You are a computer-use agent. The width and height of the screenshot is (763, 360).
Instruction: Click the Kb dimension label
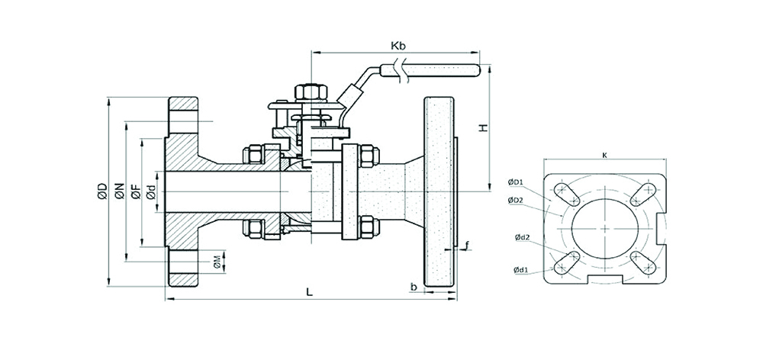click(x=398, y=46)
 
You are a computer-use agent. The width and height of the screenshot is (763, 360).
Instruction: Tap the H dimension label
click(x=482, y=127)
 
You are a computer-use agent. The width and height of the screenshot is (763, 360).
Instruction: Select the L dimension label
click(x=308, y=291)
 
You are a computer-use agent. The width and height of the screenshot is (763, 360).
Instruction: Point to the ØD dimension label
click(x=101, y=194)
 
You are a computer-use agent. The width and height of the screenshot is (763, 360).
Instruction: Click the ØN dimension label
click(x=119, y=194)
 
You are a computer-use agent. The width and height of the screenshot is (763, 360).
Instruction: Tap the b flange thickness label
click(x=413, y=288)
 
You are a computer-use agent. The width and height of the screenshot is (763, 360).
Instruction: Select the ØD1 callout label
click(x=515, y=182)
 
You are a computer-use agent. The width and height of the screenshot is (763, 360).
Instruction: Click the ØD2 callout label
click(x=515, y=200)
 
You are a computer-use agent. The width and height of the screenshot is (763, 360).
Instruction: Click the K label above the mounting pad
click(x=604, y=155)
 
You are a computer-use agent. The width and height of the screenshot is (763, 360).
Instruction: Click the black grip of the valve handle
click(x=441, y=73)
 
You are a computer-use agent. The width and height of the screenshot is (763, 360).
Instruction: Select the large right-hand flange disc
click(x=438, y=193)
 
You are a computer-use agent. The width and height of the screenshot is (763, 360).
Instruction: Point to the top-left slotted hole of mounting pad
click(x=565, y=191)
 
